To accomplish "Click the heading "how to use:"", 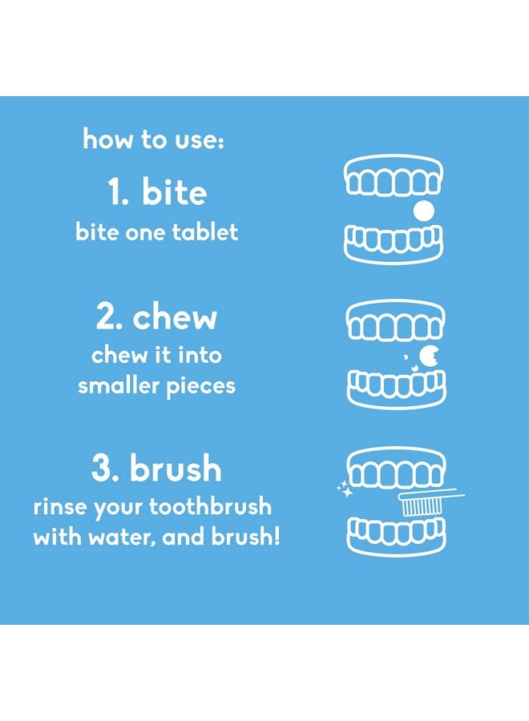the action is tap(154, 139).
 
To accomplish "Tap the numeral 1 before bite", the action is tap(114, 191).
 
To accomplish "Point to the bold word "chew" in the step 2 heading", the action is tap(175, 316).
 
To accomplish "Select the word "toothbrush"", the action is tap(210, 506).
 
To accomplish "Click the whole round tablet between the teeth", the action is tap(423, 211).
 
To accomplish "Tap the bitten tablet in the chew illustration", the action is tap(429, 356).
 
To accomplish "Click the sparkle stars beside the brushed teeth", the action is tap(345, 489).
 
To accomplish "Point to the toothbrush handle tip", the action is tap(464, 495).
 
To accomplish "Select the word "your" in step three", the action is tap(118, 509).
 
